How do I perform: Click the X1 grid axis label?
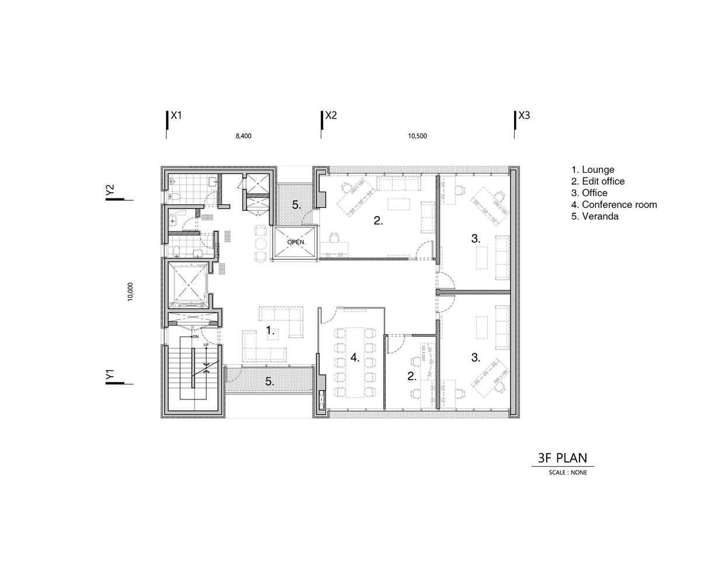point(176,116)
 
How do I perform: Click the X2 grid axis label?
point(331,116)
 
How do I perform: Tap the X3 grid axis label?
point(524,116)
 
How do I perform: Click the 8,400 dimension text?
point(244,136)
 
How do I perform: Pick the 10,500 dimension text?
point(417,136)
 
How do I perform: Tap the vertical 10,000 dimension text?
point(130,291)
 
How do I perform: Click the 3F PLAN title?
point(563,458)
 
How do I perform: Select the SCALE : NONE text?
point(568,472)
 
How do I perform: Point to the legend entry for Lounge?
point(593,170)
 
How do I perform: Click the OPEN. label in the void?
point(296,242)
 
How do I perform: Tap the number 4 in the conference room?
point(355,357)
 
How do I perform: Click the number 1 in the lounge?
point(270,331)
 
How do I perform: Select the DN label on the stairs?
point(196,336)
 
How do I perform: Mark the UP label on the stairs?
point(206,345)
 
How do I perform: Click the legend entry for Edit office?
point(598,181)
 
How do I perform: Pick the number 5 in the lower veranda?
point(269,381)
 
